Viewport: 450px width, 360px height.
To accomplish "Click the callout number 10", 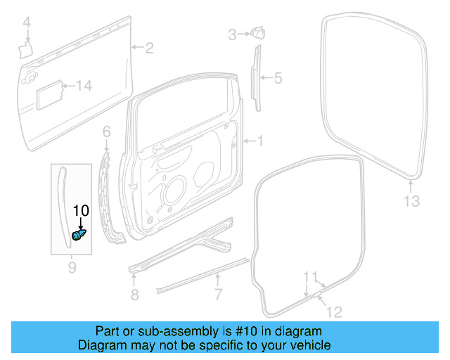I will coord(82,210).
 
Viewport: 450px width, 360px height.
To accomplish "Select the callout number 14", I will coord(84,86).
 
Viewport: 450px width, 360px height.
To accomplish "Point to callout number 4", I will coord(27,25).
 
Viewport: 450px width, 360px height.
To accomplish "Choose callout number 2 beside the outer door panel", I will coord(149,48).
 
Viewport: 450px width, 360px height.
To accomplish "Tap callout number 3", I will coord(232,34).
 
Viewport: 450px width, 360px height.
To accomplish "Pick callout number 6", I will coord(107,131).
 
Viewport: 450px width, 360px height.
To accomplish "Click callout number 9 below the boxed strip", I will coord(71,267).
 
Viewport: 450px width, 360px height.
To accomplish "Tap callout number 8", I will coord(134,292).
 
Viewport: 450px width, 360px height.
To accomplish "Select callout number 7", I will coord(218,293).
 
